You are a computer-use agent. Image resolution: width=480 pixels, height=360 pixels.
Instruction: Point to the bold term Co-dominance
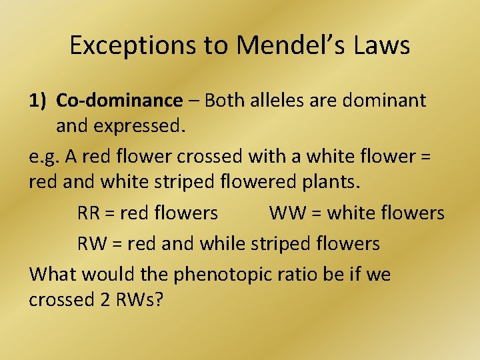click(x=119, y=101)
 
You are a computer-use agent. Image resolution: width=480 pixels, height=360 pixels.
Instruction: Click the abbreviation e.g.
click(x=45, y=157)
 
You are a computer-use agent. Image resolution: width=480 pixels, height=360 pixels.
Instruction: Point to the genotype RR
click(x=89, y=213)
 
